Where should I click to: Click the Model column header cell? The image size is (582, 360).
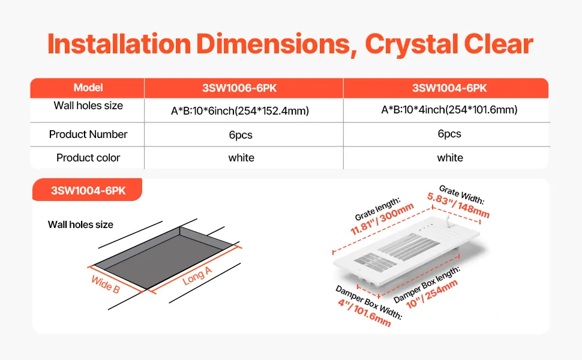tap(88, 88)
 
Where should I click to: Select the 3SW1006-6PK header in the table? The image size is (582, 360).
tap(240, 88)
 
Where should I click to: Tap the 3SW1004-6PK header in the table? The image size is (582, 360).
tap(449, 88)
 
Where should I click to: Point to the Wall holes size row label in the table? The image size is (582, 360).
tap(88, 106)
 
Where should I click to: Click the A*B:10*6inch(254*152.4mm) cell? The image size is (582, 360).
tap(240, 111)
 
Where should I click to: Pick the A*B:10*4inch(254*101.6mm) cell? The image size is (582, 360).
tap(449, 110)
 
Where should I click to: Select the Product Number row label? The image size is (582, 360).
tap(88, 134)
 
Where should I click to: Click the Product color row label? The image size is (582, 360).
tap(88, 158)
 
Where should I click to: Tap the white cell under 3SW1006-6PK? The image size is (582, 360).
tap(241, 158)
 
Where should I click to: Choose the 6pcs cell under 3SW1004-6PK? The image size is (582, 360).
tap(449, 134)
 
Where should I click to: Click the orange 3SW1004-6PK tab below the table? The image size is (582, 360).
tap(88, 190)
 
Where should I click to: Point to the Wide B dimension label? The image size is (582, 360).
tap(106, 284)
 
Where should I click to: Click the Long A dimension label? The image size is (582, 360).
tap(197, 276)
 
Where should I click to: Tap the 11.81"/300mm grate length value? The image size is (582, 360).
tap(382, 219)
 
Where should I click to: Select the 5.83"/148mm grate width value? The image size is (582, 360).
tap(458, 205)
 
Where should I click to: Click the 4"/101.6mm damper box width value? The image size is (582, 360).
tap(364, 313)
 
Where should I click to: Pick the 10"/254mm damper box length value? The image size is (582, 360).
tap(432, 294)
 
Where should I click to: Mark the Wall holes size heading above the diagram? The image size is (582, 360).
tap(80, 224)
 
